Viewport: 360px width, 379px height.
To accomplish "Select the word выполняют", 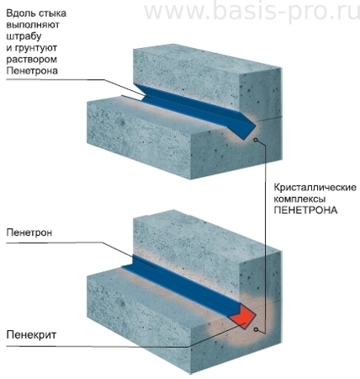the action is [x=33, y=24].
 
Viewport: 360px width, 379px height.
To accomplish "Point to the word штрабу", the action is [x=24, y=36].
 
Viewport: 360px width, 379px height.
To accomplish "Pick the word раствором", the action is [x=31, y=60].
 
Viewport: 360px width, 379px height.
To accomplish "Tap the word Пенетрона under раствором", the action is [x=32, y=71].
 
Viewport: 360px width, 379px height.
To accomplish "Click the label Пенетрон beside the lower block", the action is [x=29, y=232].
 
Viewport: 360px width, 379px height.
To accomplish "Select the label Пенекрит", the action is [x=31, y=335].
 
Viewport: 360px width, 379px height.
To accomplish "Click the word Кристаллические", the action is [x=315, y=187].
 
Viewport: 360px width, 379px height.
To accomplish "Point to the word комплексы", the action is [x=299, y=199].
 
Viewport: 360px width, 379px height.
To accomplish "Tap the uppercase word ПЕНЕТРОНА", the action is [x=305, y=211].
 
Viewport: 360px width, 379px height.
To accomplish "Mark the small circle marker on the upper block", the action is [x=255, y=140].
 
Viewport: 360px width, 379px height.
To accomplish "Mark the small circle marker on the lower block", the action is [x=256, y=329].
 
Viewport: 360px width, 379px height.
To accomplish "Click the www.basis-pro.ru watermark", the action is [x=251, y=12].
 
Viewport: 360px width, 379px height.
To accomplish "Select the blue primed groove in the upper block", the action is [x=193, y=108].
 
